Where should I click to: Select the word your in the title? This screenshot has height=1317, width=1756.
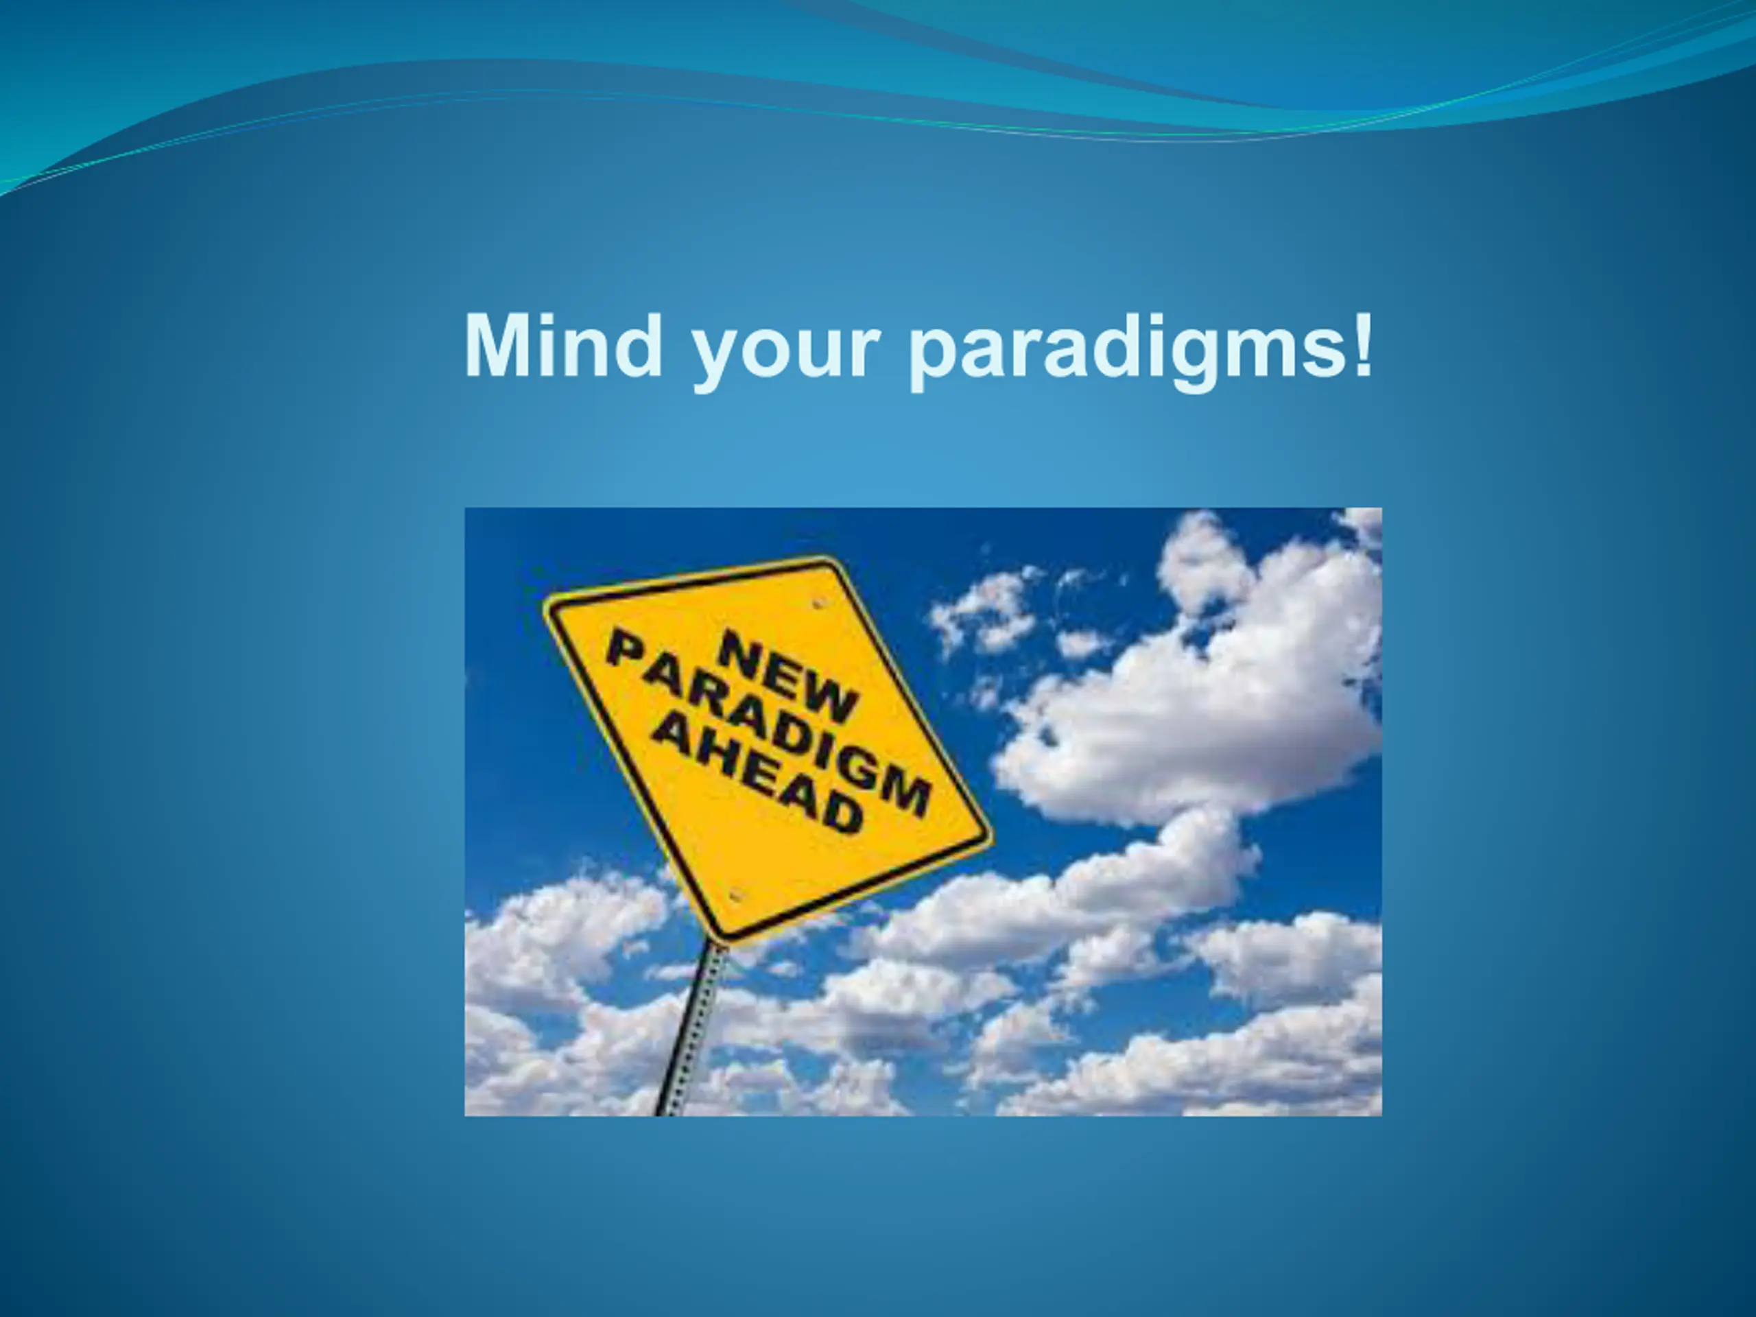786,354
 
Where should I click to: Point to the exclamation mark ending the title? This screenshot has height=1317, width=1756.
1363,344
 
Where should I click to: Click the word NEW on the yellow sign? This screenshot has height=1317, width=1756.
787,676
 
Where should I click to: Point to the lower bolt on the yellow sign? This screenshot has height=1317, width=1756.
735,895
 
